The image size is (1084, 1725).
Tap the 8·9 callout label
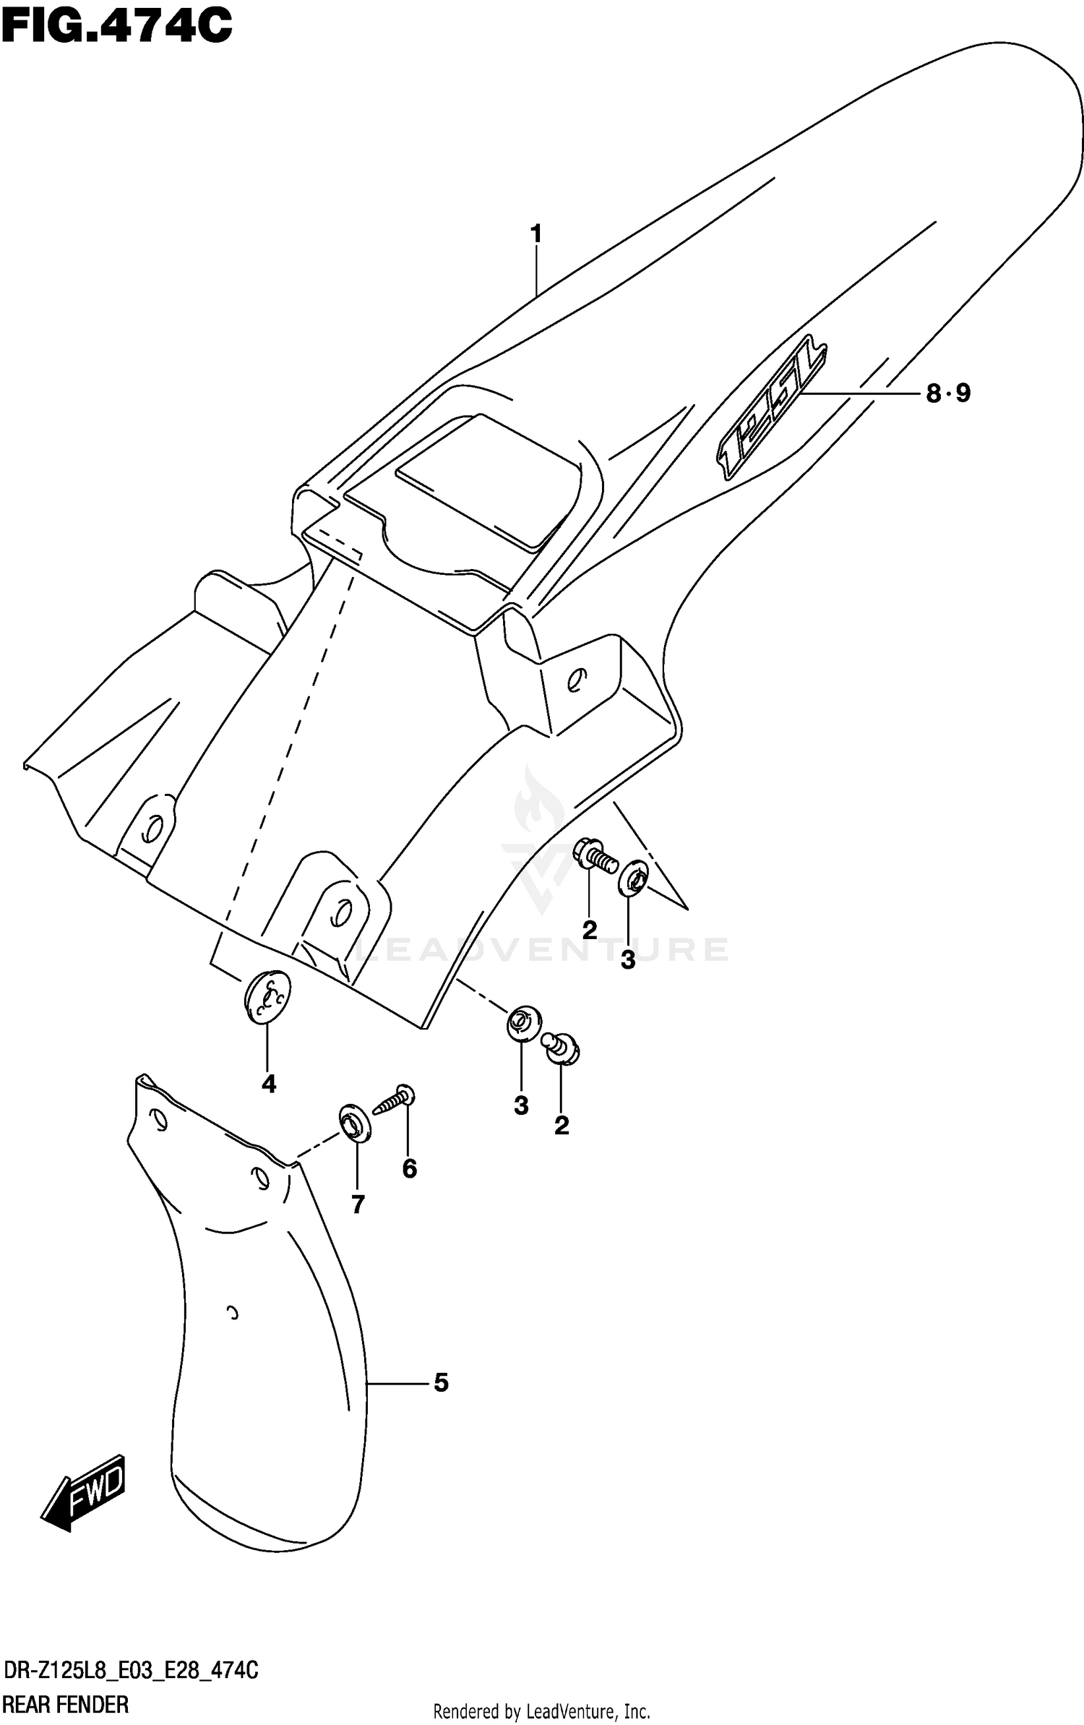point(948,393)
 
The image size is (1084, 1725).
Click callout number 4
point(269,1084)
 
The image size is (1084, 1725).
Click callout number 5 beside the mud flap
point(441,1382)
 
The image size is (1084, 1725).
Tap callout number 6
point(410,1169)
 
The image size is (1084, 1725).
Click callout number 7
point(358,1204)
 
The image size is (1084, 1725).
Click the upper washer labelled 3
point(634,878)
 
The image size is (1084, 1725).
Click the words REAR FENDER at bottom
point(66,1699)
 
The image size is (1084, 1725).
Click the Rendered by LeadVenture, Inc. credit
point(541,1705)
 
